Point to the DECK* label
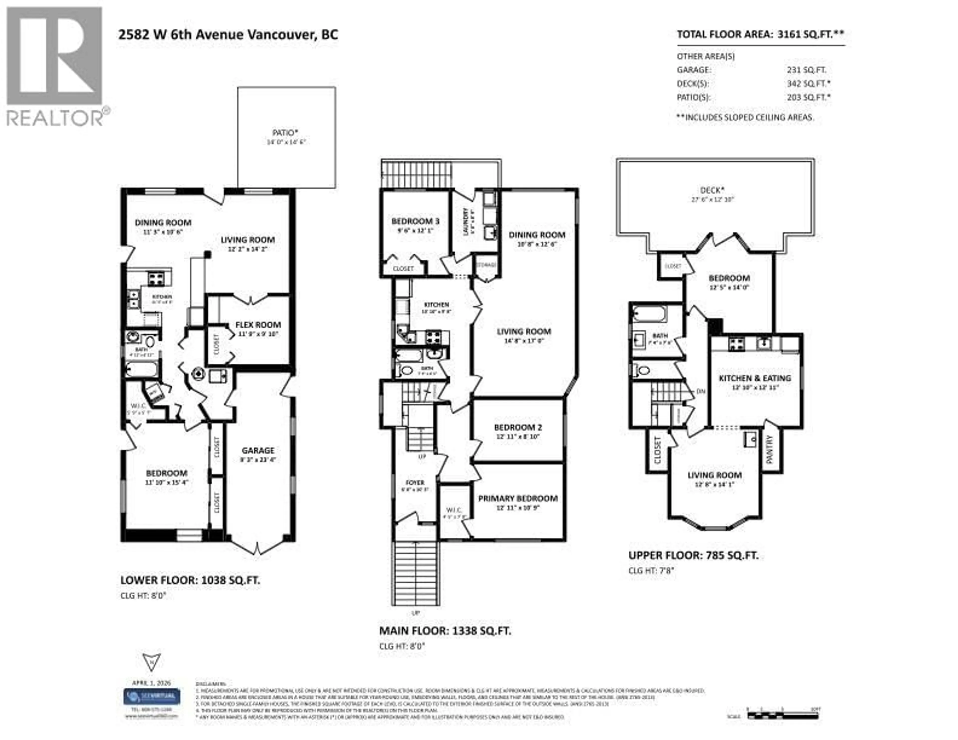click(712, 190)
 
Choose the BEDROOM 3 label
click(415, 221)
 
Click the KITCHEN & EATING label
click(754, 378)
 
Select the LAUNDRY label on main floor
click(466, 221)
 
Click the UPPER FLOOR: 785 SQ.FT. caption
click(693, 555)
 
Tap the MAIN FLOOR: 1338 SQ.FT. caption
click(445, 631)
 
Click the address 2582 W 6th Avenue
click(228, 35)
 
